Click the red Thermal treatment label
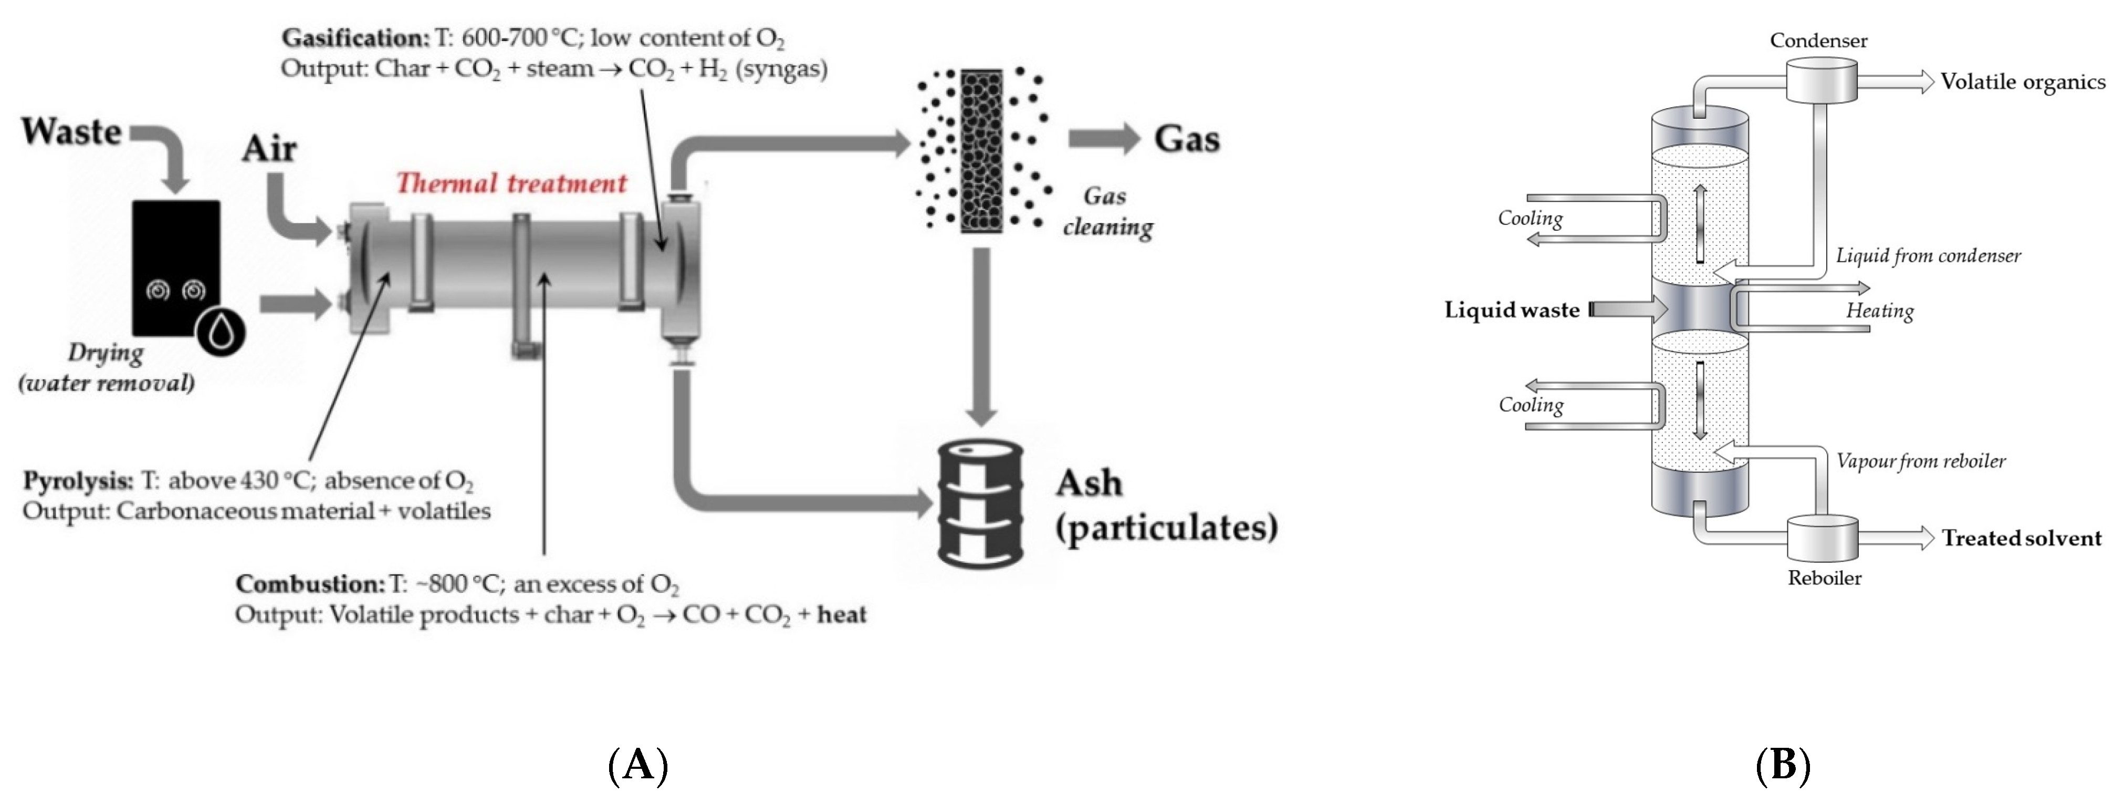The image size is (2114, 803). point(511,183)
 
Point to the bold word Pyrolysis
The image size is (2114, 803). point(78,480)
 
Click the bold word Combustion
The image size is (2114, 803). point(309,584)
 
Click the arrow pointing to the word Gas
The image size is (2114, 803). point(1102,138)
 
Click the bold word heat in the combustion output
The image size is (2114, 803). point(841,615)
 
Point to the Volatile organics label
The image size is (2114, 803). point(2022,82)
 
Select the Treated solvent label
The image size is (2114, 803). point(2021,539)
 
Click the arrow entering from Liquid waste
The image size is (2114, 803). point(1629,310)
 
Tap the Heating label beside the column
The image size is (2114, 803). point(1879,311)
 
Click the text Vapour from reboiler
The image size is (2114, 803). point(1920,461)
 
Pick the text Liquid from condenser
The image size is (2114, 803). point(1928,256)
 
